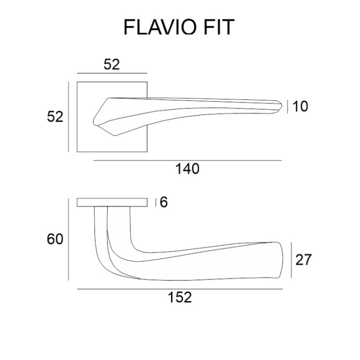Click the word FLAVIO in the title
tap(160, 27)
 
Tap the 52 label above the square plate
tap(112, 64)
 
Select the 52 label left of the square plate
tap(55, 117)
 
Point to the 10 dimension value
tap(300, 107)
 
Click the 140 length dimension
tap(187, 169)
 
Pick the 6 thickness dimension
tap(164, 202)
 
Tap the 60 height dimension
tap(55, 239)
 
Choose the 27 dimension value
tap(303, 260)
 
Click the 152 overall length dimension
tap(180, 298)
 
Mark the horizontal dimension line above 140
tap(187, 160)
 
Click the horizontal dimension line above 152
tap(180, 289)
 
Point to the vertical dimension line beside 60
tap(69, 239)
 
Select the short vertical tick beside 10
tap(288, 107)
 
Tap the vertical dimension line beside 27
tap(291, 260)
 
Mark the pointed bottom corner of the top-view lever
tap(115, 135)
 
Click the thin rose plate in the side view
tap(112, 202)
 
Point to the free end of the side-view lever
tap(282, 259)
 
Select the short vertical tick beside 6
tap(156, 202)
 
